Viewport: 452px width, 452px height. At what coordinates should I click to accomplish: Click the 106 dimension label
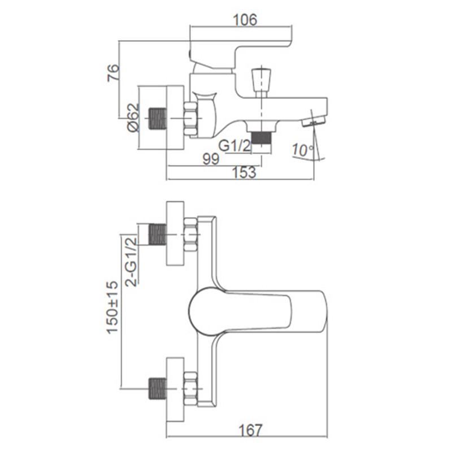pos(245,20)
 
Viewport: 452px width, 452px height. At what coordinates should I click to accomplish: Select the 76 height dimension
pos(113,73)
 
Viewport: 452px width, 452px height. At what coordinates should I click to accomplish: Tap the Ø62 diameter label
pos(133,118)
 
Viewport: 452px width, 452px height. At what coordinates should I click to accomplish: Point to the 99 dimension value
pos(211,159)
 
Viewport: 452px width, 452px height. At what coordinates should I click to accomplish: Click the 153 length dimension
pos(244,172)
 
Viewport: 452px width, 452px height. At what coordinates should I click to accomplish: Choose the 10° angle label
pos(303,150)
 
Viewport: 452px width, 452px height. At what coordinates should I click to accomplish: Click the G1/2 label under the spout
pos(234,146)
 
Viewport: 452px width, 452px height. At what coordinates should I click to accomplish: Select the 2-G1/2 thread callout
pos(131,260)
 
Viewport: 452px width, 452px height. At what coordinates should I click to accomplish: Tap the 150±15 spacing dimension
pos(112,307)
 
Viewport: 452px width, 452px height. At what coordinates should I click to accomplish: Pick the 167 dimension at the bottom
pos(250,430)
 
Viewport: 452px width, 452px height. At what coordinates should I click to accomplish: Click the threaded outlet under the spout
pos(262,138)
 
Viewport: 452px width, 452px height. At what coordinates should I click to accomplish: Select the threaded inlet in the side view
pos(158,119)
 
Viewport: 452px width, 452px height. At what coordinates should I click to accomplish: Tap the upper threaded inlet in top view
pos(158,234)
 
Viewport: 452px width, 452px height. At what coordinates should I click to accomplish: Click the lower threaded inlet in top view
pos(158,389)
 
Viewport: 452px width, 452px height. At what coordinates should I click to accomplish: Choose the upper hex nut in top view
pos(190,234)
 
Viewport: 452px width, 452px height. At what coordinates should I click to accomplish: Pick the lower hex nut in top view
pos(190,389)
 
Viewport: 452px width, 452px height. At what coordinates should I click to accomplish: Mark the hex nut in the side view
pos(190,119)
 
